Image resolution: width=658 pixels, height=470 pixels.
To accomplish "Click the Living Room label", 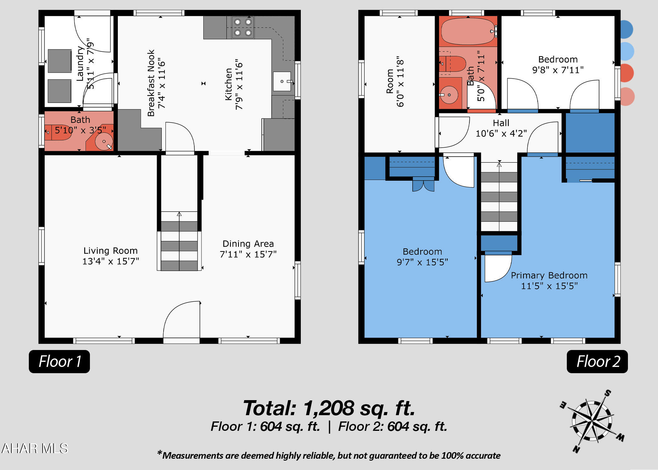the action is click(x=110, y=251).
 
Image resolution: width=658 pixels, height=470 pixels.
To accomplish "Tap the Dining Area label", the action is click(x=248, y=244).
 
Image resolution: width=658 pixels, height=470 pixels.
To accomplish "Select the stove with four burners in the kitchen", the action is click(x=243, y=27).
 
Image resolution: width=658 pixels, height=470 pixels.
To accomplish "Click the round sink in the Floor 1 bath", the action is click(x=104, y=142).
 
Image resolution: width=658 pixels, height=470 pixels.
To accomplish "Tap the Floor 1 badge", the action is click(x=59, y=361).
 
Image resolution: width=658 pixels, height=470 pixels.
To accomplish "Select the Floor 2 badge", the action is click(x=597, y=361).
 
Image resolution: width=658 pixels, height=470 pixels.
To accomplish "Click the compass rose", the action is click(x=592, y=421).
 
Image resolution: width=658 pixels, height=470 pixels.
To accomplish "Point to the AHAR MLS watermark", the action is click(x=35, y=448).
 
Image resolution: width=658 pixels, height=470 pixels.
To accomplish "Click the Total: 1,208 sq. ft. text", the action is click(x=329, y=408).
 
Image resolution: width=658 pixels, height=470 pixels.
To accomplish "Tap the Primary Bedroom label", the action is click(x=549, y=275).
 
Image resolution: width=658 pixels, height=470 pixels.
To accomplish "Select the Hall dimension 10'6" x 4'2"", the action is click(x=501, y=133).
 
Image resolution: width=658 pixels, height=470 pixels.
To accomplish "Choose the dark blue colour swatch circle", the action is click(x=626, y=29).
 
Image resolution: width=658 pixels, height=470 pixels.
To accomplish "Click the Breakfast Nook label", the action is click(x=151, y=83).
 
